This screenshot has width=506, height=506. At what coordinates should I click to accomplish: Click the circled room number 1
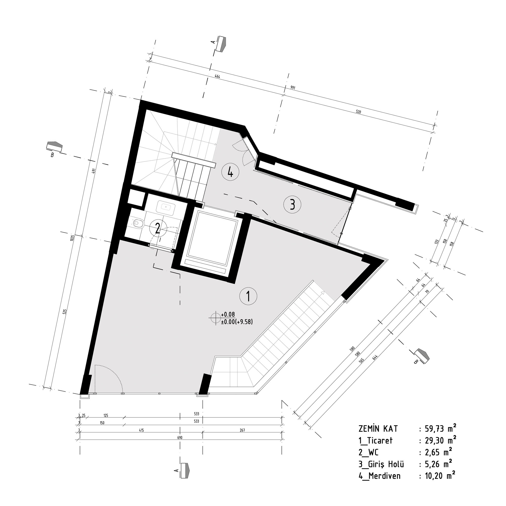(x=248, y=296)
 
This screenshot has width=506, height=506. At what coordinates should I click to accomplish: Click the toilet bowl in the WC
(x=138, y=223)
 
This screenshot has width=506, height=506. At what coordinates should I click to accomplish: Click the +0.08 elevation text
(x=228, y=314)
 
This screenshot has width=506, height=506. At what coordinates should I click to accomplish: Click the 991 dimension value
(x=292, y=88)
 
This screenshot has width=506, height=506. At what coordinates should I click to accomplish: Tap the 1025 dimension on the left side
(x=72, y=238)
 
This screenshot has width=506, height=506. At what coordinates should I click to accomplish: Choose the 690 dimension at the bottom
(x=180, y=437)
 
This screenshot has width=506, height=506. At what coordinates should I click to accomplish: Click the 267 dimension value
(x=242, y=430)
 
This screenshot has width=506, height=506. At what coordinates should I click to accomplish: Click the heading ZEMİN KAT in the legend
(x=378, y=429)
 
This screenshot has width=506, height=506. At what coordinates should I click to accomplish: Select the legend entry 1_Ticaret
(x=375, y=440)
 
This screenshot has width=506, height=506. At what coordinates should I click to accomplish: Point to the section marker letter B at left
(x=52, y=155)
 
